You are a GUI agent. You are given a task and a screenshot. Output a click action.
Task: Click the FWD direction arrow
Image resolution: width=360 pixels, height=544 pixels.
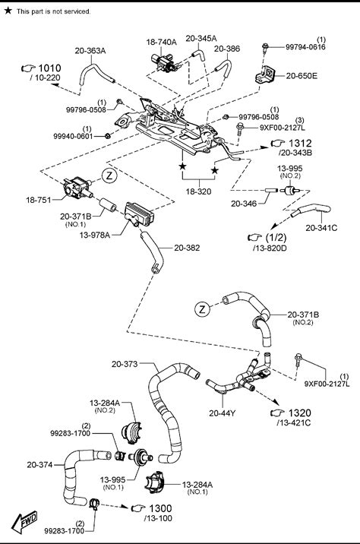pos(24,521)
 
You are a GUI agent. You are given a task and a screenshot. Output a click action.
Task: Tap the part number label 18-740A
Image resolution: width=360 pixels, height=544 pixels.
pos(161,42)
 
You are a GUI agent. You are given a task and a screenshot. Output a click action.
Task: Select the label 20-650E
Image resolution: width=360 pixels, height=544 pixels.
pos(302,76)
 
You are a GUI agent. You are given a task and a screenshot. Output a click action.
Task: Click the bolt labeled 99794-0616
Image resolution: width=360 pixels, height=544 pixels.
pos(265,48)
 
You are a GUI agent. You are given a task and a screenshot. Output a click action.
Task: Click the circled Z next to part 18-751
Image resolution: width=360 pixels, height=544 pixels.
pos(109,176)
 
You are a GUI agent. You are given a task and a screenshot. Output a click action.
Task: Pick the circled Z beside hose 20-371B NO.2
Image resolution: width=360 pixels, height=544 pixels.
pos(203,309)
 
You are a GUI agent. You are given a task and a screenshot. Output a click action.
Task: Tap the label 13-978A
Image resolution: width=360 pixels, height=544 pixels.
pos(95,235)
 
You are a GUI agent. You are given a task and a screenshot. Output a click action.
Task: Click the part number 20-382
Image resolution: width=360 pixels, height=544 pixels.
pos(187,248)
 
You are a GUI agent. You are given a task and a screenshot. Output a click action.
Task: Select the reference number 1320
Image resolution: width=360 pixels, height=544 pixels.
pos(300,413)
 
